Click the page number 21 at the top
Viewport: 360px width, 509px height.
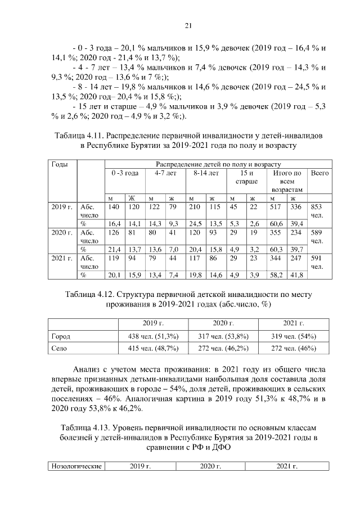(x=189, y=25)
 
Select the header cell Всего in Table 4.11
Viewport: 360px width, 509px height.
(x=319, y=173)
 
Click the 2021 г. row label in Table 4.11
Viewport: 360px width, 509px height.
(x=62, y=259)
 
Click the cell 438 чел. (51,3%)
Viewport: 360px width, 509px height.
(x=153, y=336)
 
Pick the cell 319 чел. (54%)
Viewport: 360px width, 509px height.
(x=293, y=336)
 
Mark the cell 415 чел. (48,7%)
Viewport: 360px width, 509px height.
(x=153, y=349)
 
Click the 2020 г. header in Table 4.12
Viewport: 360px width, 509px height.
(x=223, y=323)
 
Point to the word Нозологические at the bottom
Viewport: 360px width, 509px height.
(x=76, y=466)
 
